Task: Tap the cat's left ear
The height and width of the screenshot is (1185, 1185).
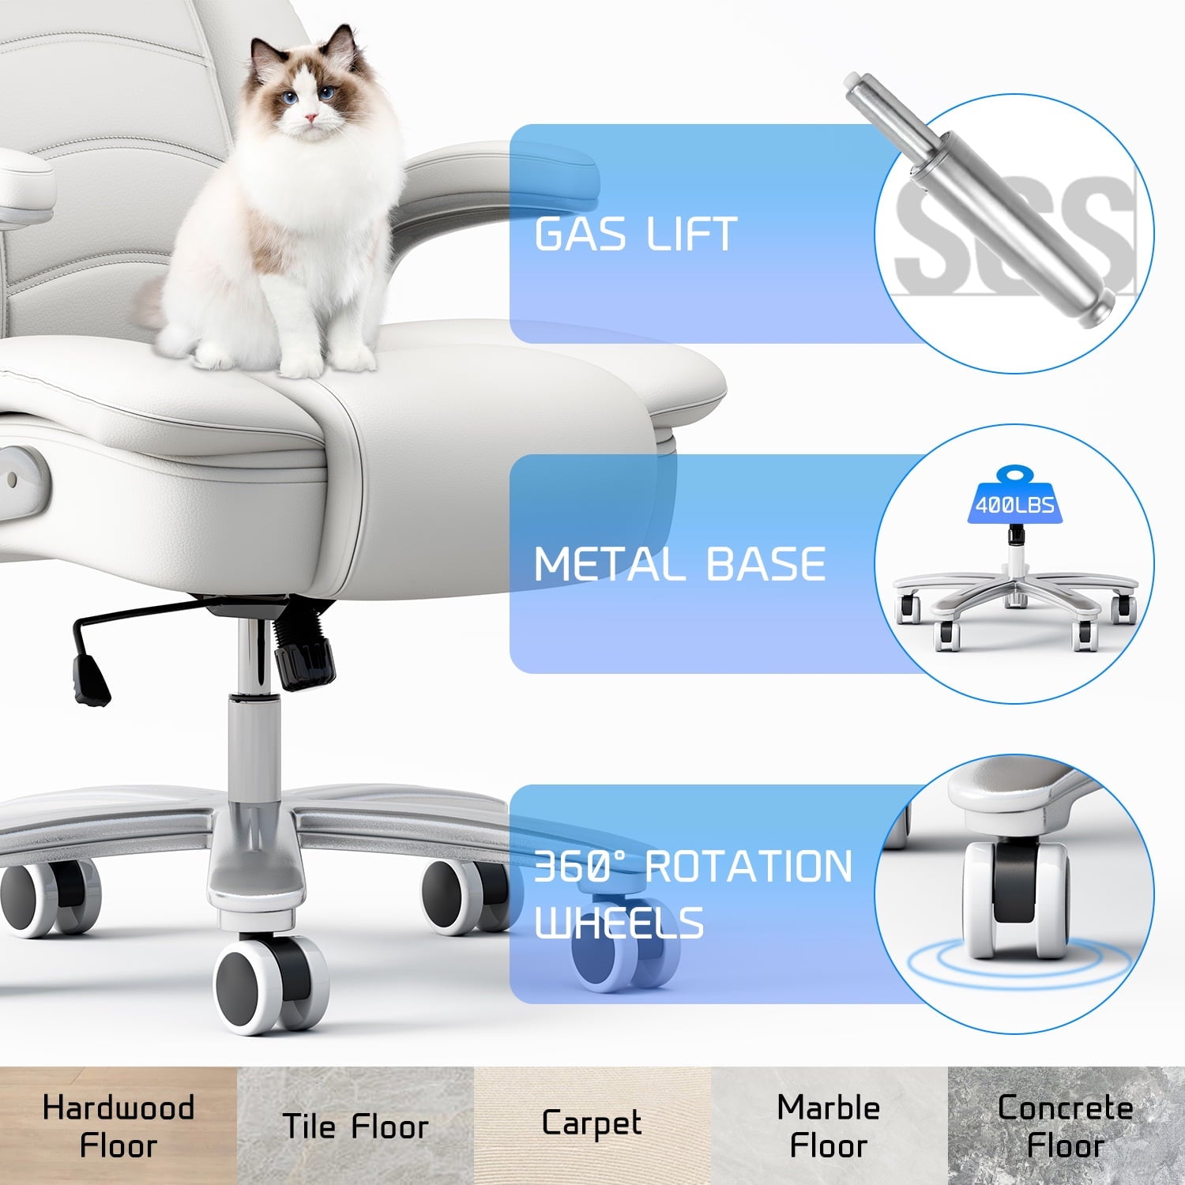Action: coord(265,54)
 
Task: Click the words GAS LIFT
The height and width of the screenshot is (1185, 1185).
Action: coord(636,234)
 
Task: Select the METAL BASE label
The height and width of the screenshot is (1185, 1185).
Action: coord(679,564)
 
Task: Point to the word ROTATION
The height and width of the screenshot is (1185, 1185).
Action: coord(749,867)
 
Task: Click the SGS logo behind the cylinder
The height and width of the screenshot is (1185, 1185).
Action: coord(1015,233)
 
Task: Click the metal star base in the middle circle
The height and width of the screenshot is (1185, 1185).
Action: coord(1015,600)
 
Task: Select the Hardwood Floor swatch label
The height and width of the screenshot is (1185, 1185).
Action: coord(118,1127)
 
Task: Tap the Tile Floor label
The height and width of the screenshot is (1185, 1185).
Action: coord(355,1127)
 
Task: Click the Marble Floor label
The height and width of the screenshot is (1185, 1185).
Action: coord(829,1127)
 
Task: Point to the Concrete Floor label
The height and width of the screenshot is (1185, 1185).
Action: coord(1066,1127)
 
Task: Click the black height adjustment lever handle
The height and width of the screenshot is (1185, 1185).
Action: coord(91,679)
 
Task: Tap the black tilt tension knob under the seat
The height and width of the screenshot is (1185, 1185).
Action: coord(304,662)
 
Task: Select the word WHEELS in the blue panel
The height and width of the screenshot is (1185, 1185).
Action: coord(619,923)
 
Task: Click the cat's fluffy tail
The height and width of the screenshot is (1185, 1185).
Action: coord(152,304)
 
